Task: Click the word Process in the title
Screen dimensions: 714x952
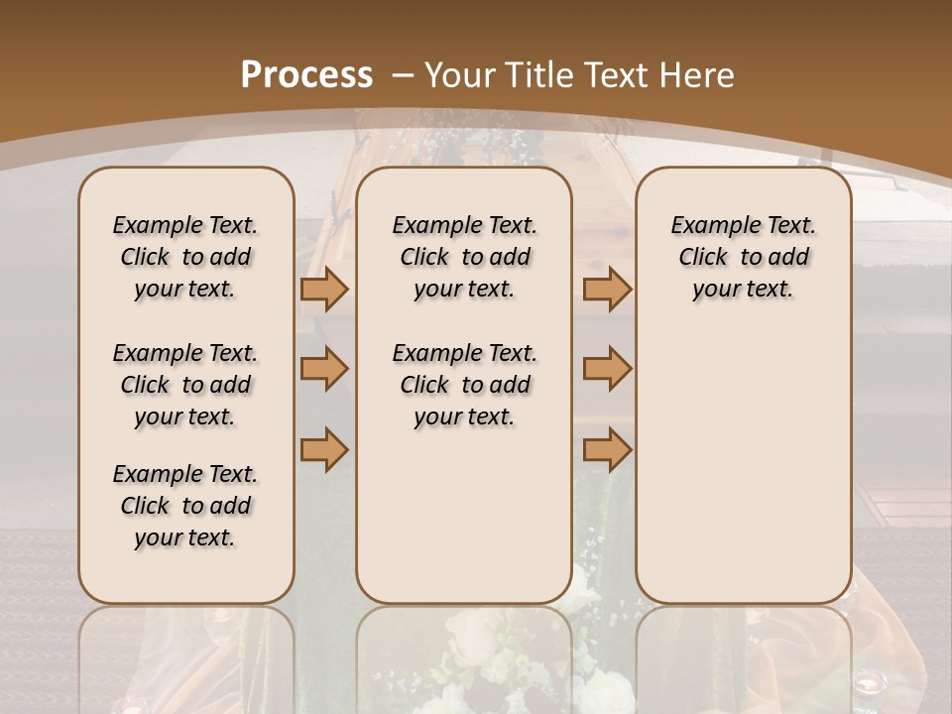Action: (307, 74)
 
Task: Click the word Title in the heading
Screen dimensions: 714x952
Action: (537, 74)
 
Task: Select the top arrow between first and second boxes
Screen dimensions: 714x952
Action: (324, 289)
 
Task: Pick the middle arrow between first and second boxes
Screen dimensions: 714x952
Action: (324, 369)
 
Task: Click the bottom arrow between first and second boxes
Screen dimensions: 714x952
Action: (324, 449)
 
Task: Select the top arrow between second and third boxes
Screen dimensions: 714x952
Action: (607, 289)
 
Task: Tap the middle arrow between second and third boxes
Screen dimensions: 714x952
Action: (607, 369)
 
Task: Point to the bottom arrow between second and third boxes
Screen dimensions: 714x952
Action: (607, 449)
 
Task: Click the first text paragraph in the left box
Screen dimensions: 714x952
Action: (185, 257)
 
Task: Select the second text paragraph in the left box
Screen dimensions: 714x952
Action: (185, 385)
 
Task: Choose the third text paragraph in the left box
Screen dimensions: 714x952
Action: (185, 506)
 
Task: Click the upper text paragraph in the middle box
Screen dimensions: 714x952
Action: (464, 257)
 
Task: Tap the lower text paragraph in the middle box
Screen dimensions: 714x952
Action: (464, 385)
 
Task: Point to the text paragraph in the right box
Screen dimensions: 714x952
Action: (743, 257)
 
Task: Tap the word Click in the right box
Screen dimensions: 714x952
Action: (703, 258)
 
